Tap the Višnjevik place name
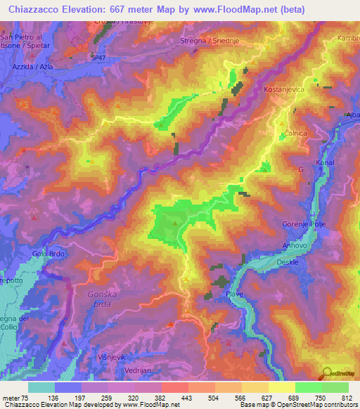click(x=113, y=357)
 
